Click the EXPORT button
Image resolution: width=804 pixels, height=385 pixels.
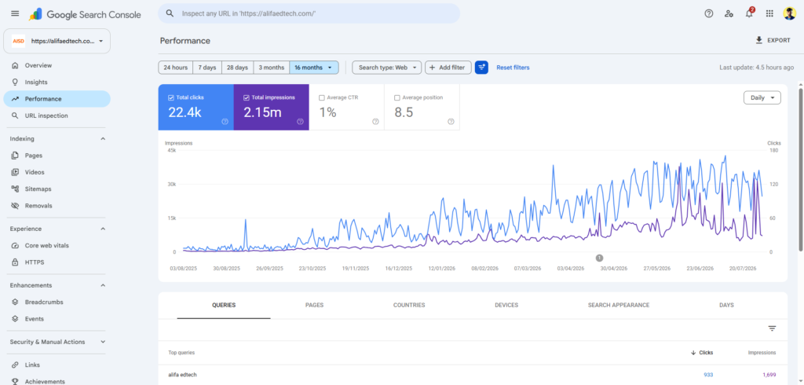click(x=773, y=40)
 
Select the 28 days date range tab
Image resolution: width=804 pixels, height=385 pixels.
click(x=237, y=68)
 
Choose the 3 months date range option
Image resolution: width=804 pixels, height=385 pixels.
click(x=271, y=68)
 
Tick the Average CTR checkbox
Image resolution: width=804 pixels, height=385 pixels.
click(x=321, y=97)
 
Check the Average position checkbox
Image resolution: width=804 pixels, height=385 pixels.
click(x=397, y=97)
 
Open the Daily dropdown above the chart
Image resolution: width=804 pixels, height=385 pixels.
click(x=762, y=97)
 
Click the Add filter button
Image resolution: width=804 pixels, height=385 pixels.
click(x=448, y=68)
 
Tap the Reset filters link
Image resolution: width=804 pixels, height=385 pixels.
click(x=513, y=68)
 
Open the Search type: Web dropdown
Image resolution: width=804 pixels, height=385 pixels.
click(x=386, y=68)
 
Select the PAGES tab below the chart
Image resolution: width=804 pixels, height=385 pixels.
click(x=314, y=305)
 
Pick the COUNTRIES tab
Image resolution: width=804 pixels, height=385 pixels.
click(x=409, y=305)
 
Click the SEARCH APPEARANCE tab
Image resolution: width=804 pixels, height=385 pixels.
click(x=619, y=305)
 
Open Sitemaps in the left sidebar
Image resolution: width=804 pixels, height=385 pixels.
click(x=38, y=189)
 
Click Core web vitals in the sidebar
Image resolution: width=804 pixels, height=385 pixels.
click(x=46, y=245)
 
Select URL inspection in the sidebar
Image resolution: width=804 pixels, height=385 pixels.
click(x=46, y=115)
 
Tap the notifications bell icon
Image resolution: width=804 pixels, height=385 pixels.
click(x=749, y=14)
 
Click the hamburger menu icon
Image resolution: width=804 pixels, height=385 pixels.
click(x=15, y=14)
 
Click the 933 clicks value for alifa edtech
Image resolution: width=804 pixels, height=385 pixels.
click(x=708, y=375)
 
